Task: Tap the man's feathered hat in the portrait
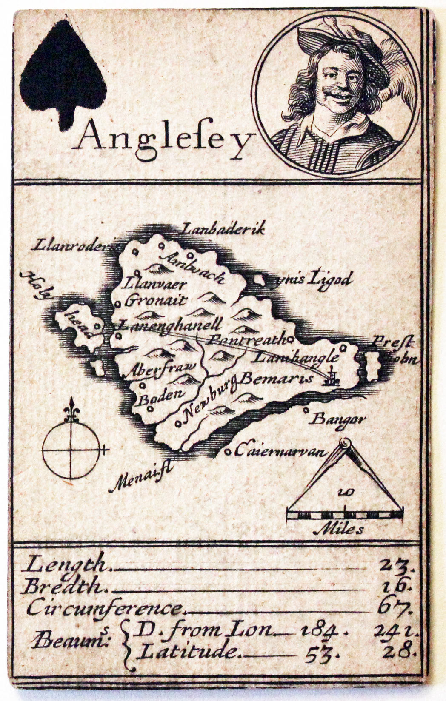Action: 345,40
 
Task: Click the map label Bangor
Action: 338,420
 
